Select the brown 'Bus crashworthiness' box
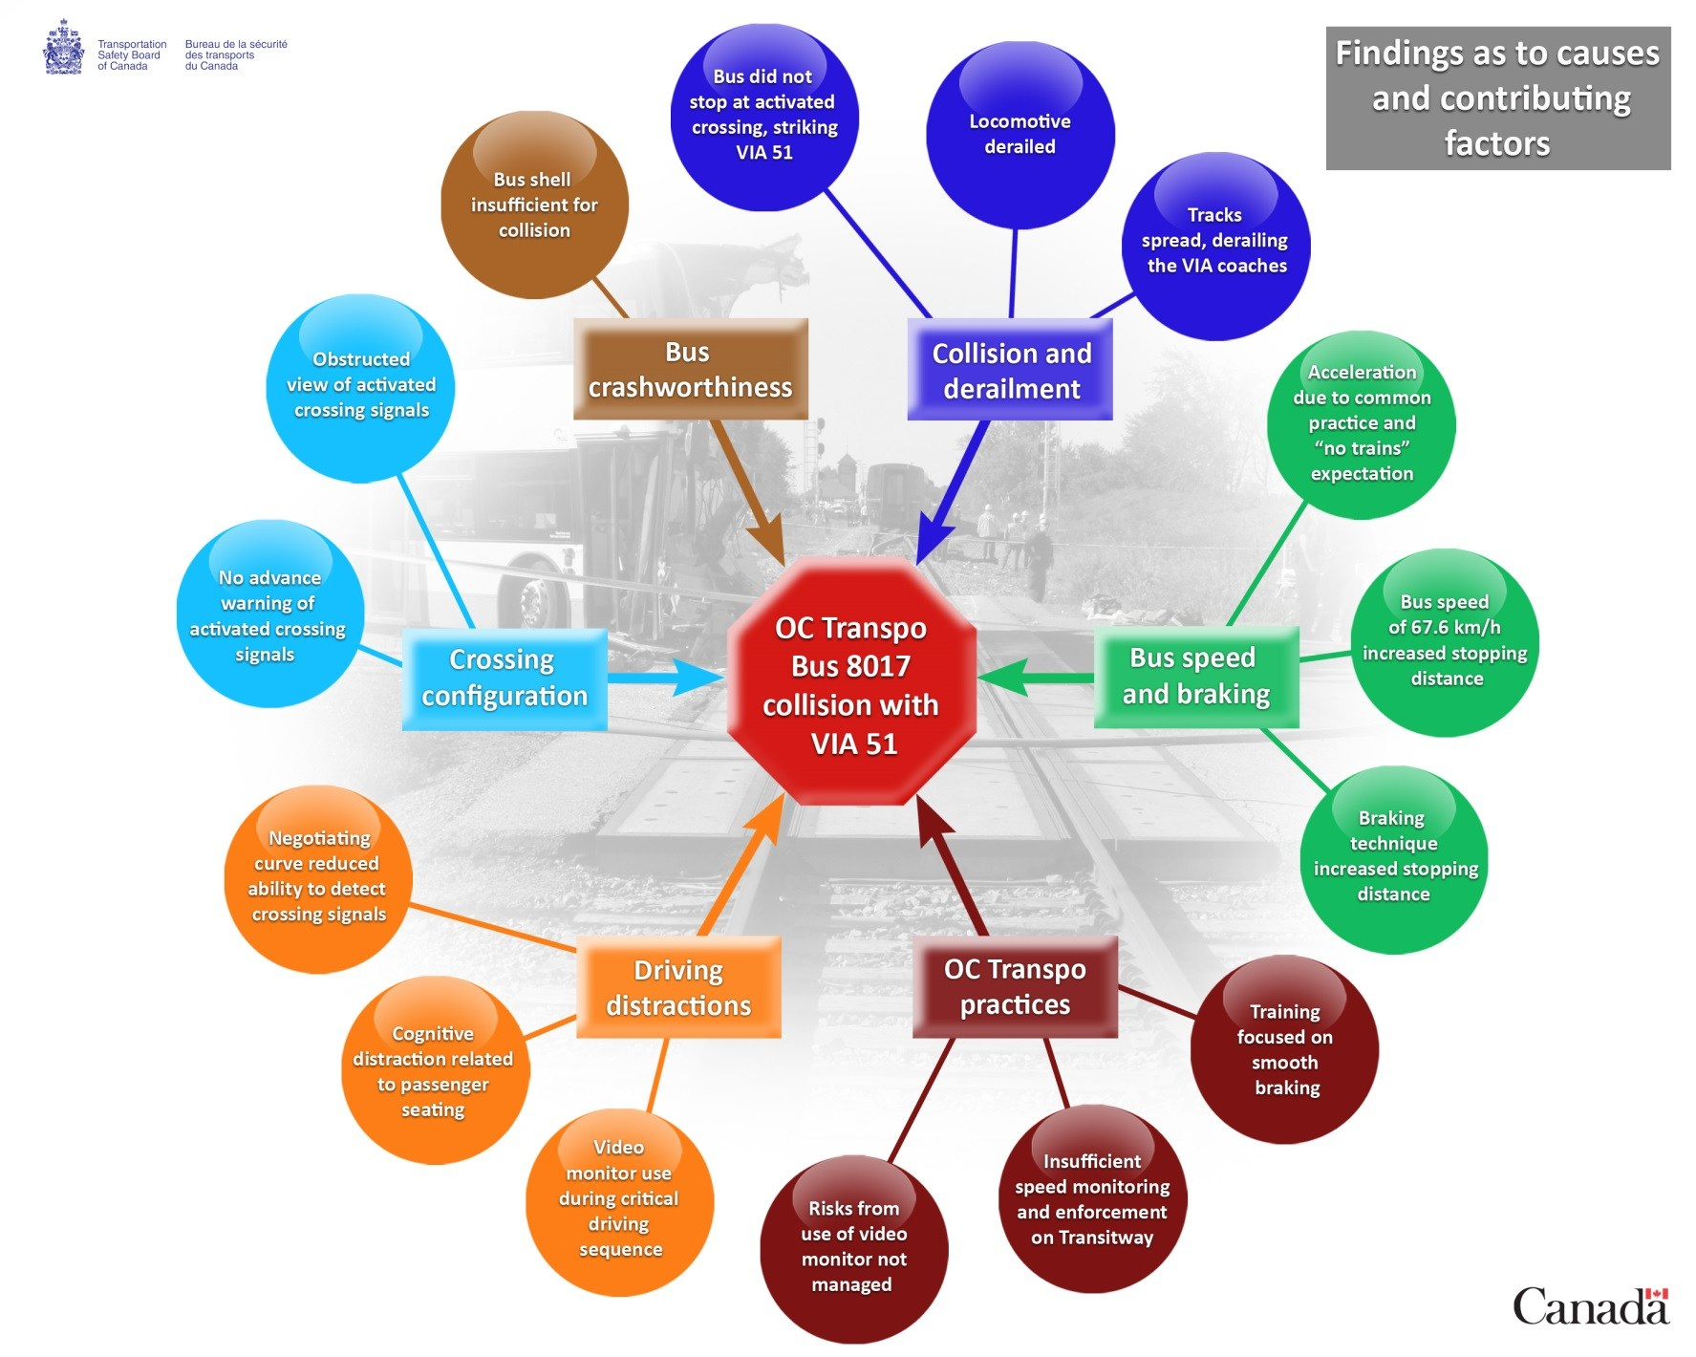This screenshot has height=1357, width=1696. coord(690,370)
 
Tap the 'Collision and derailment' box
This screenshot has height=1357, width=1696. coord(1010,371)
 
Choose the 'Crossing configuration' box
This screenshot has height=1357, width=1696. coord(504,678)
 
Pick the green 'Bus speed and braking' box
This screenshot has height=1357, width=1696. coord(1195,677)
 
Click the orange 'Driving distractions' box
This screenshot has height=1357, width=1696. coord(678,987)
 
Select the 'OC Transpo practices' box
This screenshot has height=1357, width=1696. coord(1015,986)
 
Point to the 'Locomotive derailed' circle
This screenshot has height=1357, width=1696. coord(1020,135)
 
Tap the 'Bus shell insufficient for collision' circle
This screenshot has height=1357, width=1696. coord(534,205)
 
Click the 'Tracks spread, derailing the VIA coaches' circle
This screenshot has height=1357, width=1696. coord(1215,246)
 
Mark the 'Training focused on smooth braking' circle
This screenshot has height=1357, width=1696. coord(1284,1049)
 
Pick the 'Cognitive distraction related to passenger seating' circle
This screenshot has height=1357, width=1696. coord(434,1071)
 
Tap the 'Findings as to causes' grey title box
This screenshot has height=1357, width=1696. coord(1497,98)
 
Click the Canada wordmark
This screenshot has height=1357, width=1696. coord(1590,1306)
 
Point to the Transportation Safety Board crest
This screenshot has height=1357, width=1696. coord(63,48)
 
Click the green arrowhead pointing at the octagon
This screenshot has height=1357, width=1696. coord(998,678)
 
